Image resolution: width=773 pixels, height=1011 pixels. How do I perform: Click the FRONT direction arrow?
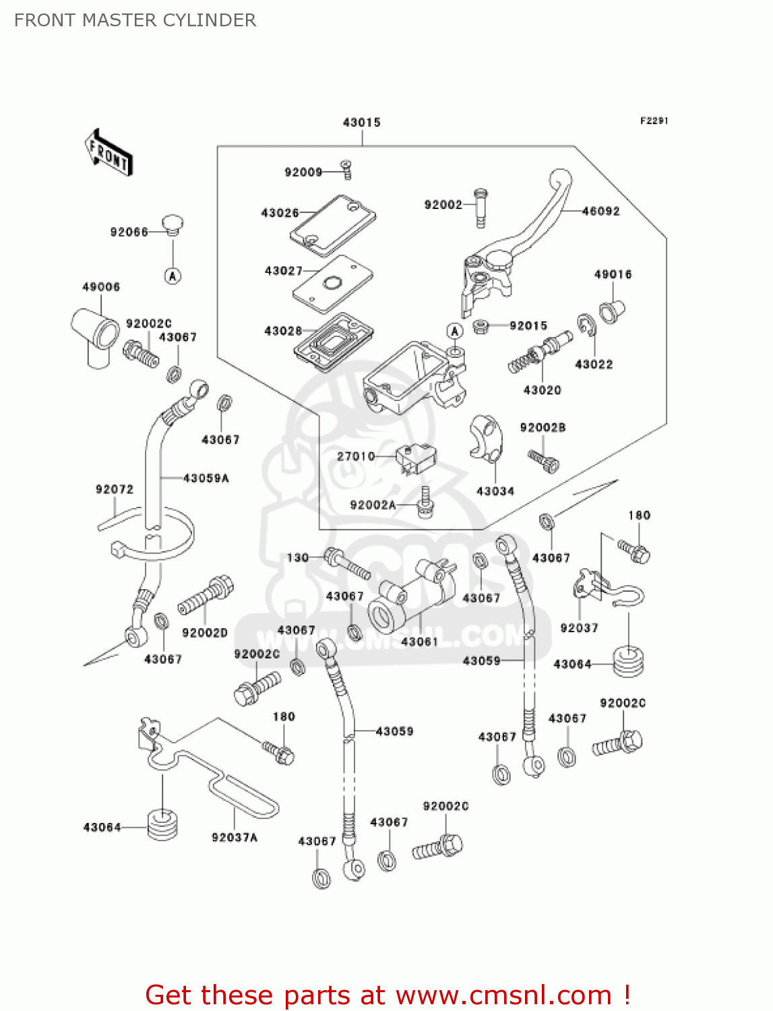tap(109, 153)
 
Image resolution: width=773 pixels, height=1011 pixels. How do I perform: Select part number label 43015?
tap(361, 122)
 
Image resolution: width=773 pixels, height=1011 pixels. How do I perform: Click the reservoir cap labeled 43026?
tap(333, 225)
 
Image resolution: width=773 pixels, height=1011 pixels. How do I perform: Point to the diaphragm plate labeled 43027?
tap(332, 284)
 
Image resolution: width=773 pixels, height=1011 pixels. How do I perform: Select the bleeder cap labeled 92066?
tap(173, 224)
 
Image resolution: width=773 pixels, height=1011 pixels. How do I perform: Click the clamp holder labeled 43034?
tap(485, 438)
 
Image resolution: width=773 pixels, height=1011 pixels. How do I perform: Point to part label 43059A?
tap(206, 478)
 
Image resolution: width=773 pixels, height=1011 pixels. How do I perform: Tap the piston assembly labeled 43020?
tap(539, 355)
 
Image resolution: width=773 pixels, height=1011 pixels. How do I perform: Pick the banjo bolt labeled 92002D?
tap(206, 595)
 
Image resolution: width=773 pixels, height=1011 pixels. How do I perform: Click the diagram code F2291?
tap(654, 121)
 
